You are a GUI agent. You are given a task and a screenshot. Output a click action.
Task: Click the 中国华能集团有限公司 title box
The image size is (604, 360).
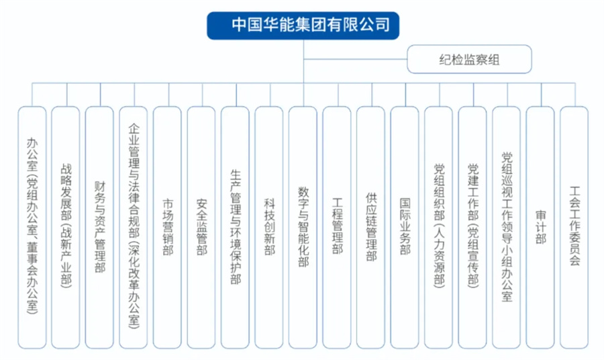303,26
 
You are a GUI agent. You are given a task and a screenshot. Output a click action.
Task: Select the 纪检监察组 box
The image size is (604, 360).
469,59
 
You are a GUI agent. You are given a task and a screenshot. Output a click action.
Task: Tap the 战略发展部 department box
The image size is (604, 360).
66,228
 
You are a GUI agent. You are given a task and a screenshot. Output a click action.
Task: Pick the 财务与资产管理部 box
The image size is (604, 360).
100,228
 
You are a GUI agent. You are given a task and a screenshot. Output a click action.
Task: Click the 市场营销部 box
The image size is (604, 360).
168,228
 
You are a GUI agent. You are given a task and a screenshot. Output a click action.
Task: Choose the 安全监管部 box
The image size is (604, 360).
201,228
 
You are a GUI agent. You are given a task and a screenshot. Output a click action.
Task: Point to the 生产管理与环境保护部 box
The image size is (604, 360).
236,228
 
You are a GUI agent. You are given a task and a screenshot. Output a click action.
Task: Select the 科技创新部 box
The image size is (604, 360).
269,228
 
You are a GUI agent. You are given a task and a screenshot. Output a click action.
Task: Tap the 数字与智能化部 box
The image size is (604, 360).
303,228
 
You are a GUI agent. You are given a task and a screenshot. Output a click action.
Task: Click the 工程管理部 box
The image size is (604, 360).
337,228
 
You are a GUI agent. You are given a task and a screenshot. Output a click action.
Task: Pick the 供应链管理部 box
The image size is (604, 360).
371,228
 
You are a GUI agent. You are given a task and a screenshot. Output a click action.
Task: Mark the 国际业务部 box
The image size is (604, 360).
405,228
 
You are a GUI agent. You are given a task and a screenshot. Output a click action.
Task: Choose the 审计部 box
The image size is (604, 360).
540,228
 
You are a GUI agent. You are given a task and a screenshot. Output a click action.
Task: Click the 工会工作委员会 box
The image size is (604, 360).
574,228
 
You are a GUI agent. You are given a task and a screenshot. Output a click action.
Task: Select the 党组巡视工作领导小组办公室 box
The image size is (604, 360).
507,228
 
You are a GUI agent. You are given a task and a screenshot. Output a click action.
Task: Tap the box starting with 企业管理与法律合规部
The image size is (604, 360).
134,228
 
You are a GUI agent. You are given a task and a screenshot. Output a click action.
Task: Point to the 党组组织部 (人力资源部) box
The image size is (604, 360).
439,228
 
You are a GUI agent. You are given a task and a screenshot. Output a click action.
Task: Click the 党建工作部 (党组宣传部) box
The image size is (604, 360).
472,228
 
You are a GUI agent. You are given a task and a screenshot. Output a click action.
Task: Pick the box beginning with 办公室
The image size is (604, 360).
32,228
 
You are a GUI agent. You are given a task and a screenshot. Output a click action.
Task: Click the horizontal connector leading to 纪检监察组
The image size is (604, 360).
355,59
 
